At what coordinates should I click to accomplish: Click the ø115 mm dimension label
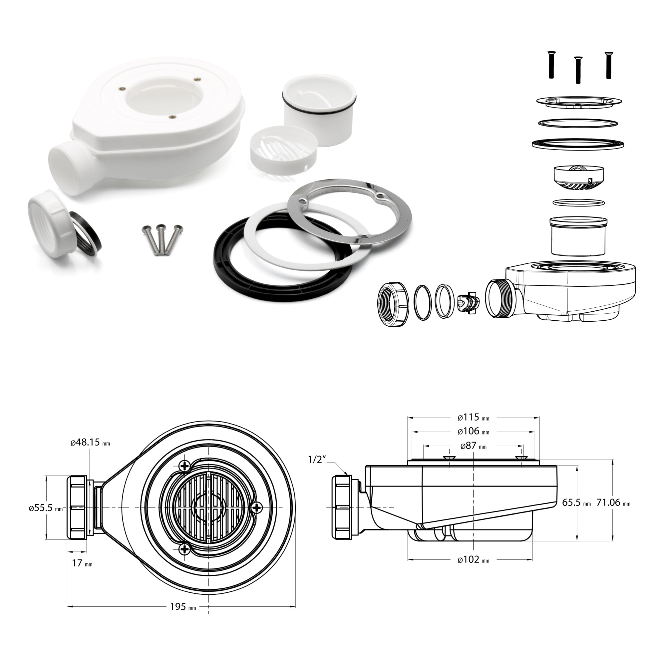point(473,418)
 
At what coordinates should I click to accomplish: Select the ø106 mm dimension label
point(473,431)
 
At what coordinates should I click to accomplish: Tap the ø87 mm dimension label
point(473,446)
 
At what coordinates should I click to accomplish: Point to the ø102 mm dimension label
point(473,560)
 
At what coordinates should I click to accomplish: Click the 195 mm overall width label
point(183,616)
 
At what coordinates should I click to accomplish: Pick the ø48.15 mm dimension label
point(90,443)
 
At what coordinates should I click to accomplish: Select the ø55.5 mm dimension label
point(46,508)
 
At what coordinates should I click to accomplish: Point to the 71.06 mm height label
point(613,502)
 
